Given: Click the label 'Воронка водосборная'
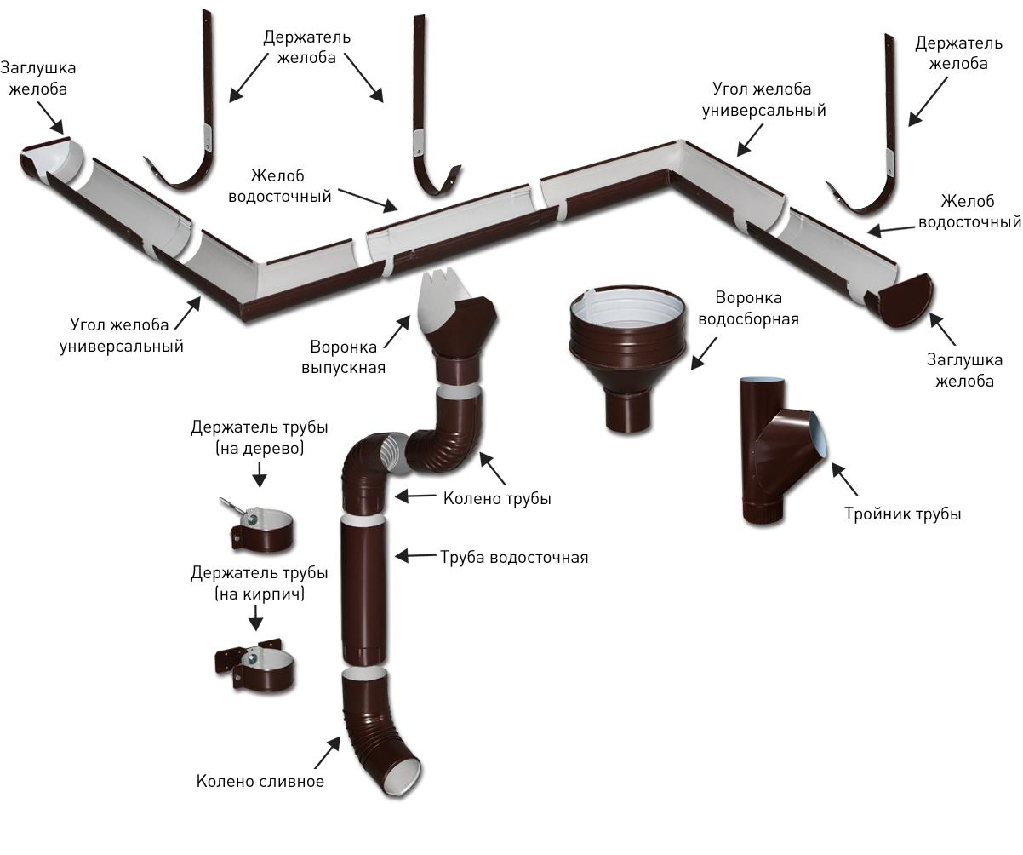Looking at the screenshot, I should (748, 308).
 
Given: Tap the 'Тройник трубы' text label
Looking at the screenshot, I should (902, 514).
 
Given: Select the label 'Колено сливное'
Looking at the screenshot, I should (260, 781).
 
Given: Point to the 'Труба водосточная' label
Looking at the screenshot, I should (514, 558).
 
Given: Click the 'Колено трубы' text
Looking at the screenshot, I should (496, 498).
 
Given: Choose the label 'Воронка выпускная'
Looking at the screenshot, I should (339, 357).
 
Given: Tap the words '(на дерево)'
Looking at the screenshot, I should (260, 449).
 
